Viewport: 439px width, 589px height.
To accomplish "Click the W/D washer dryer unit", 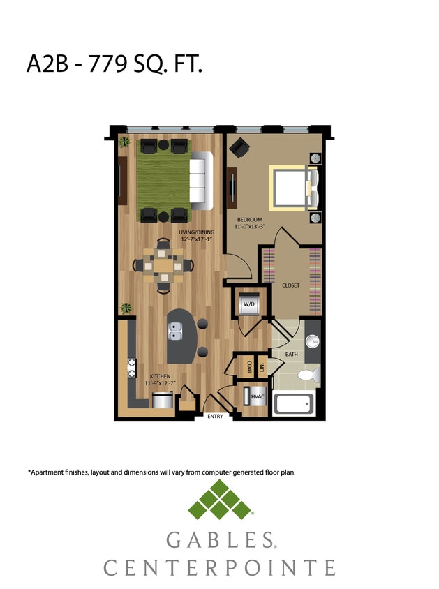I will [248, 304].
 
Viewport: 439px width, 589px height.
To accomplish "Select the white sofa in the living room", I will [202, 181].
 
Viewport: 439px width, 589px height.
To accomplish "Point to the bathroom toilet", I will [308, 376].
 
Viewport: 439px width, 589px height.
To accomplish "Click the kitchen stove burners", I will [131, 368].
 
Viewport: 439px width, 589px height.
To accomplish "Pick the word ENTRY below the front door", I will [215, 417].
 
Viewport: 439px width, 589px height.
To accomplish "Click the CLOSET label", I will [291, 285].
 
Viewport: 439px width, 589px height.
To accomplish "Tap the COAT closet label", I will [248, 365].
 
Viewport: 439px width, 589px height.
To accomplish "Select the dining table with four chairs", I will [165, 266].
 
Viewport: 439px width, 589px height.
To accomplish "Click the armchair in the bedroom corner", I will [239, 147].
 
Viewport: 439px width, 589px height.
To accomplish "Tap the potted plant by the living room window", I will [124, 142].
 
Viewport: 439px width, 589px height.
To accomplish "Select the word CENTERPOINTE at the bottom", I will [219, 567].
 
